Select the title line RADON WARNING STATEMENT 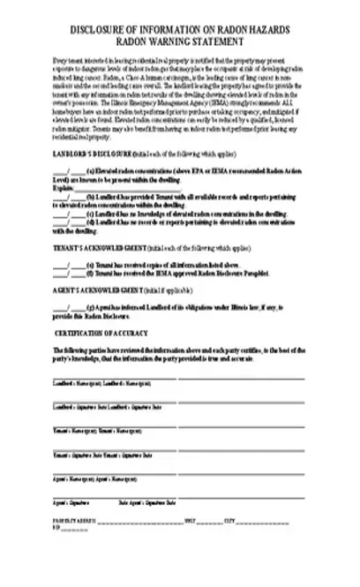click(180, 41)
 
